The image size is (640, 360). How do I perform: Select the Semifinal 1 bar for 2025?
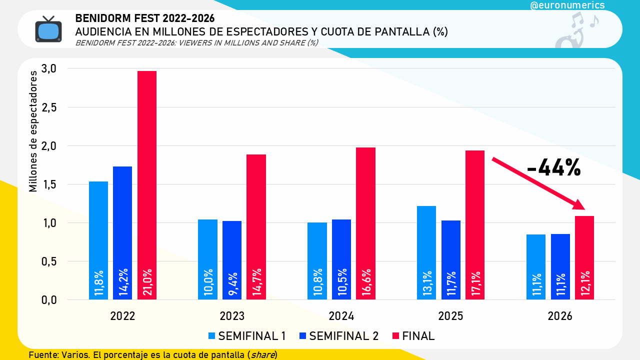tap(426, 240)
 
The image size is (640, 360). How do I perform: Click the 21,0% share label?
tap(147, 283)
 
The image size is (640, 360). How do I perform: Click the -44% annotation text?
tap(553, 168)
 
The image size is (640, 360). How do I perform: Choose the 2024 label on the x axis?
tap(341, 316)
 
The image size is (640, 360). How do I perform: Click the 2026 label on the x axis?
tap(560, 316)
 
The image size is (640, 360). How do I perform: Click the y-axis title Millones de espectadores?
tap(33, 131)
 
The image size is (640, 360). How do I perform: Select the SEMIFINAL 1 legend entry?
tap(246, 336)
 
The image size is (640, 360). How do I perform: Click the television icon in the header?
tap(48, 29)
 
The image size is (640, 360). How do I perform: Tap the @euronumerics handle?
tap(567, 5)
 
